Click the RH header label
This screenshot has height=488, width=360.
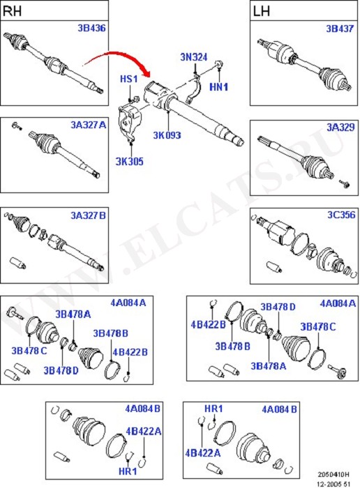coord(12,11)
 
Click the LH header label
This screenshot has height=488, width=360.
coord(262,12)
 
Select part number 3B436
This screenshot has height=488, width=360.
coord(91,28)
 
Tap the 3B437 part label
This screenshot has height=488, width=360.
coord(340,29)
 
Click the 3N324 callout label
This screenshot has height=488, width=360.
coord(194,57)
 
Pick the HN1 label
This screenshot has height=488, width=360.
coord(218,87)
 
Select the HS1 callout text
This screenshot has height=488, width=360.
coord(129,79)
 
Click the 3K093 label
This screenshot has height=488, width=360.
coord(167,135)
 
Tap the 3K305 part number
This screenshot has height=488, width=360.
coord(130,162)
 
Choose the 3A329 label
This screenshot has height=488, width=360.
coord(340,128)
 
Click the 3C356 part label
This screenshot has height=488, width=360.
coord(341,215)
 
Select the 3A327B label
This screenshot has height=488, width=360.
coord(89,215)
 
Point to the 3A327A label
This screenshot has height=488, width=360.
coord(89,125)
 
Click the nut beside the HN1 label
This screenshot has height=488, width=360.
coord(218,64)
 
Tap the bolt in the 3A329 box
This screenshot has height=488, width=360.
coord(345,183)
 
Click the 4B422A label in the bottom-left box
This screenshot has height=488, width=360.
coord(144,432)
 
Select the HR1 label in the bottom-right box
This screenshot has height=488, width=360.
coord(213,409)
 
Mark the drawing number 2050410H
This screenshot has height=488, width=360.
coord(333,475)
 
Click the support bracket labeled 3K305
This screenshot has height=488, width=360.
coord(129,122)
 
